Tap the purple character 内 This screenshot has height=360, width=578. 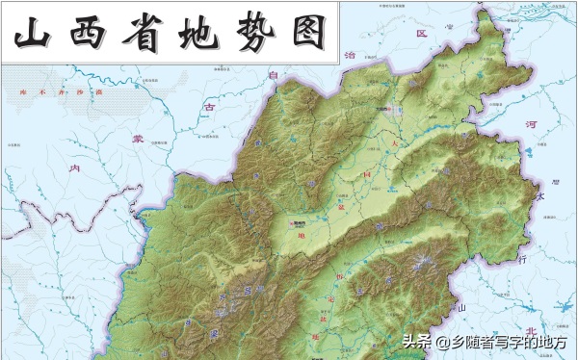pyautogui.click(x=80, y=168)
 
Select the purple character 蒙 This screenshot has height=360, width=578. pyautogui.click(x=137, y=137)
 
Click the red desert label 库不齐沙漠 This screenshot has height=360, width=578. pyautogui.click(x=61, y=92)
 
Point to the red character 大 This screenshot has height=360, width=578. pyautogui.click(x=393, y=143)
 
